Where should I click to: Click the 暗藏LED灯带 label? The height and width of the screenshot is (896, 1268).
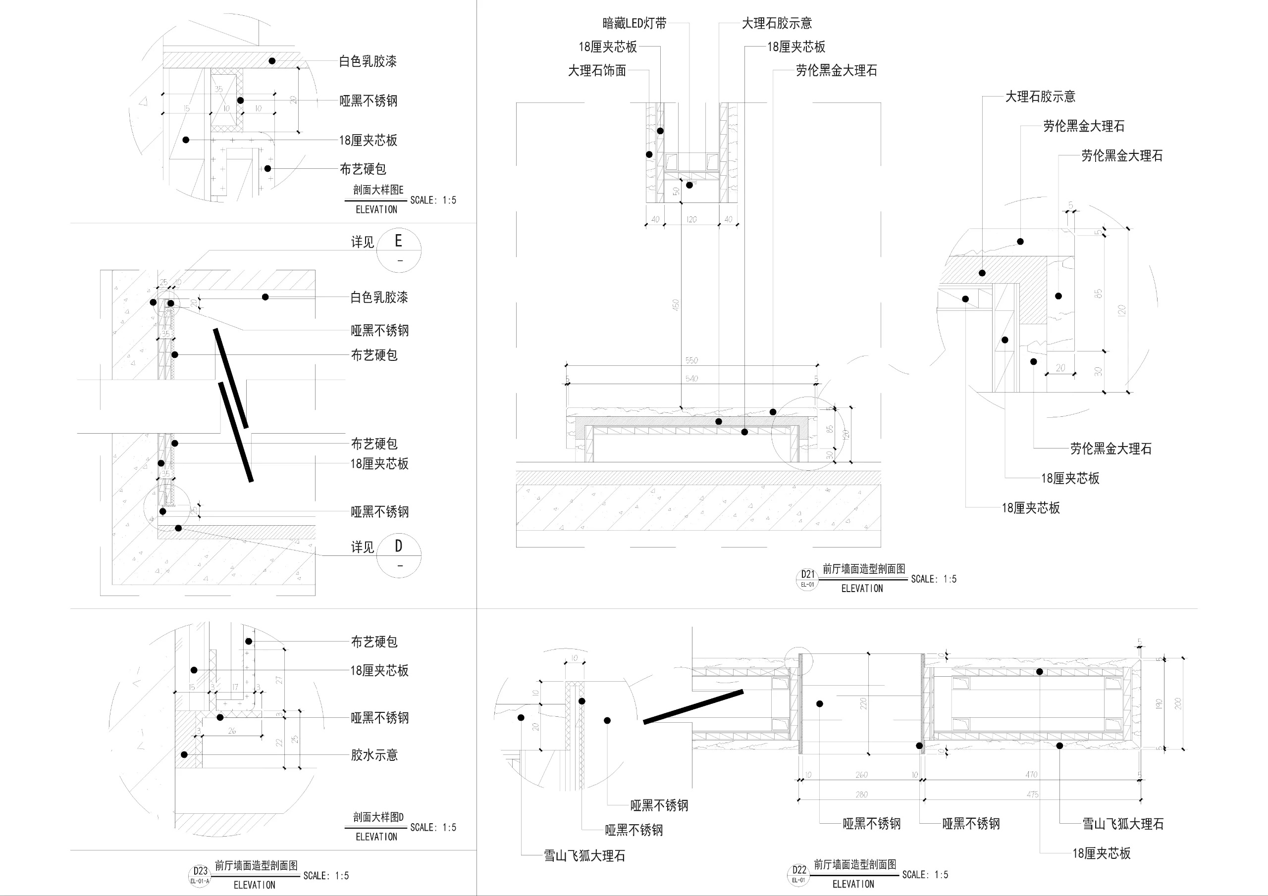point(634,23)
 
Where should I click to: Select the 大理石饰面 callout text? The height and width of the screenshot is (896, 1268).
point(597,71)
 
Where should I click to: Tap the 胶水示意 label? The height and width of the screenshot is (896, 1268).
point(374,755)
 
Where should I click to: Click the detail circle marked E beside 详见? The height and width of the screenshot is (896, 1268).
point(399,249)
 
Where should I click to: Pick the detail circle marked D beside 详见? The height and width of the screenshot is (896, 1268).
point(399,555)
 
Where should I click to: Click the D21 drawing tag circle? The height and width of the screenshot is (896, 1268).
point(807,579)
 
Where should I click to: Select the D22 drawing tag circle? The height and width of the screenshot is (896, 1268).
point(798,874)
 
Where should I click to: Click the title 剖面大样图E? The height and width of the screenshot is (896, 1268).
point(378,190)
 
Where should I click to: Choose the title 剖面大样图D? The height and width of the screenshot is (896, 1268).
point(378,816)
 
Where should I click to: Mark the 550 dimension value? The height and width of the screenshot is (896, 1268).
point(691,360)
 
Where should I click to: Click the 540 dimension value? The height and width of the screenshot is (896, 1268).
point(691,378)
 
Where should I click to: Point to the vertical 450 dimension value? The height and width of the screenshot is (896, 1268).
point(676,305)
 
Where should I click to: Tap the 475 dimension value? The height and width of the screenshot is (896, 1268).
point(1032,795)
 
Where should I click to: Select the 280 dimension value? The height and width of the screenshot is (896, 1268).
point(861,795)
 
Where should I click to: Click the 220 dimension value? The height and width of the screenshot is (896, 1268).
point(863,703)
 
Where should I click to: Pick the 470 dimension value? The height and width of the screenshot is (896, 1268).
point(1031,775)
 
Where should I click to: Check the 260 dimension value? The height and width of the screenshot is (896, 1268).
point(861,775)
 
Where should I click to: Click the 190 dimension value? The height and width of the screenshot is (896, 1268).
point(1159,704)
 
